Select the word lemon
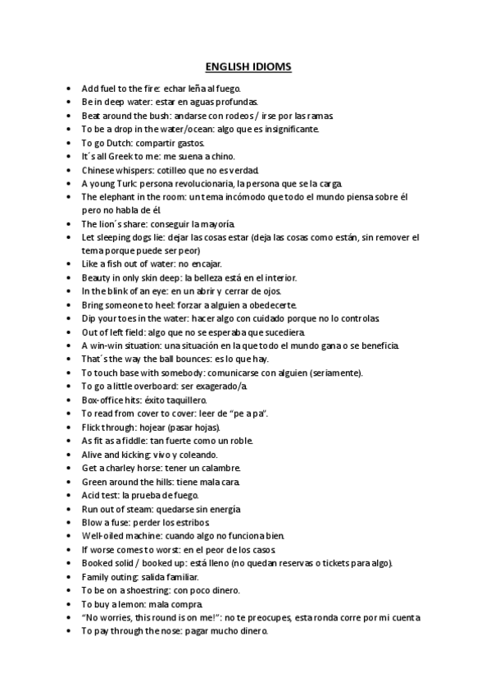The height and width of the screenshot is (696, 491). [x=134, y=603]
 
